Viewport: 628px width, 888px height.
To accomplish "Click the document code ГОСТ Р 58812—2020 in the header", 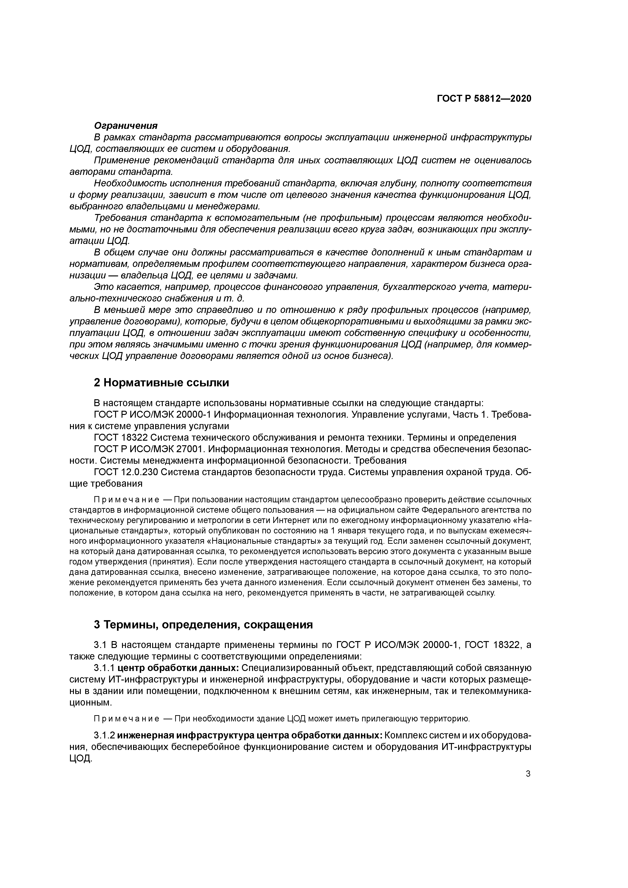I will [484, 99].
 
